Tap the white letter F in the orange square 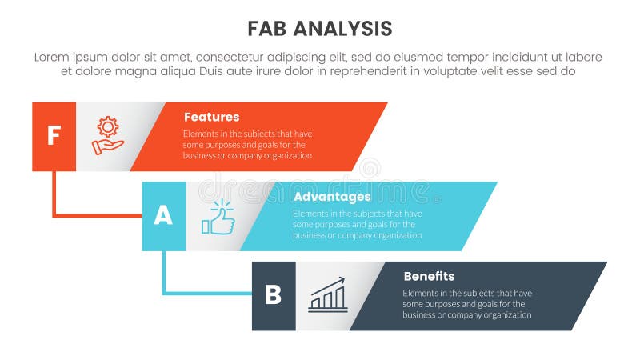(x=54, y=136)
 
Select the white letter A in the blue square (x=163, y=216)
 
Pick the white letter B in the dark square (x=274, y=296)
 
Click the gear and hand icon (x=107, y=135)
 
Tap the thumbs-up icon (x=218, y=217)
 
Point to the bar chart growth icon (x=328, y=295)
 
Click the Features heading (x=211, y=117)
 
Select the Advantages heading (x=331, y=197)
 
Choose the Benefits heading (x=429, y=277)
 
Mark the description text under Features (x=247, y=145)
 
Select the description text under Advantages (x=357, y=225)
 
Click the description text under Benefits (x=467, y=304)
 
